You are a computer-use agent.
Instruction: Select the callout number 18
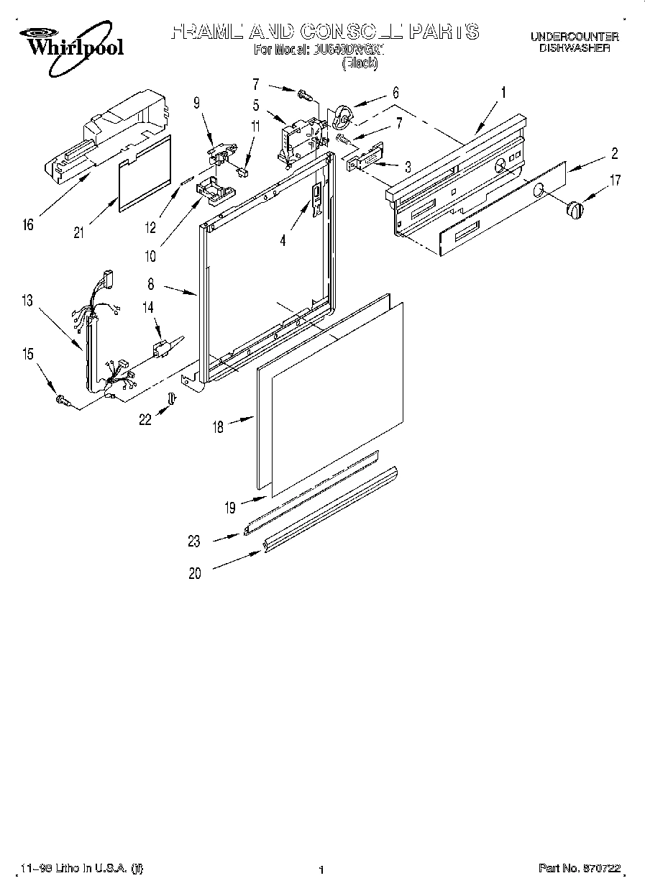[217, 427]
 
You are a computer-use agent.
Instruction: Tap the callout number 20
[195, 573]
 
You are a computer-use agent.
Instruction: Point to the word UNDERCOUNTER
[575, 37]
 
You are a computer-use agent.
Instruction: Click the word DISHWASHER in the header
[575, 48]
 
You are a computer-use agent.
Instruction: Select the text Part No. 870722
[579, 869]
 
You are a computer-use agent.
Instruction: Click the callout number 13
[27, 301]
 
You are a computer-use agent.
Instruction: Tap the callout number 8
[151, 285]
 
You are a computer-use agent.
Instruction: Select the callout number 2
[615, 152]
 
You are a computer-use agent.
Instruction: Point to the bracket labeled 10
[214, 189]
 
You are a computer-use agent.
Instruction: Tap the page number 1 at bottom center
[321, 870]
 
